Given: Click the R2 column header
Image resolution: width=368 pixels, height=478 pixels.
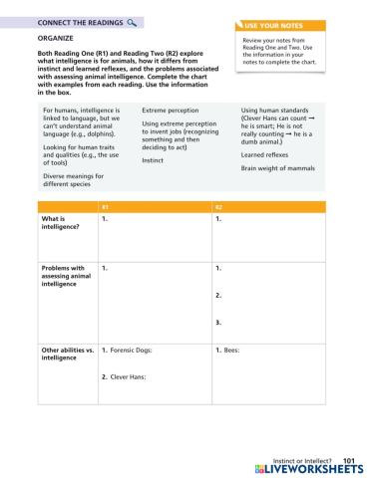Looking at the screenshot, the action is (x=219, y=206).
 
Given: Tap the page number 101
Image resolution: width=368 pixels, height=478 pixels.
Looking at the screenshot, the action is (x=348, y=460).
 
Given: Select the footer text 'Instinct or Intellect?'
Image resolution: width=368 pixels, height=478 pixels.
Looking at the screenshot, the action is (x=301, y=460).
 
